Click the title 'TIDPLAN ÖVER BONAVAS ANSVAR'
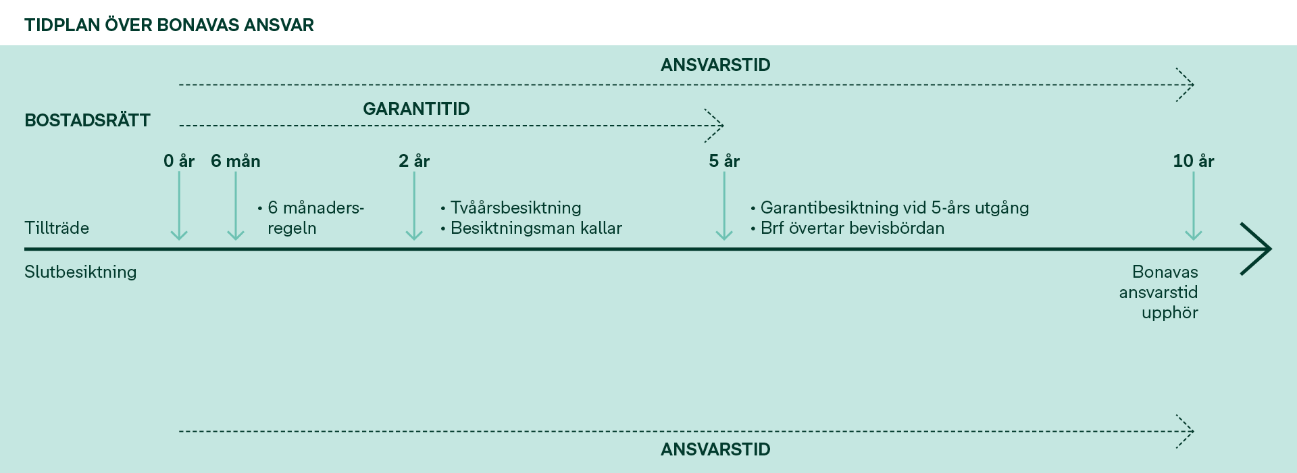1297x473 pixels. (169, 25)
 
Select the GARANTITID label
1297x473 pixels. (416, 109)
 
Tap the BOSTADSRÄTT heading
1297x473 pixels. (87, 120)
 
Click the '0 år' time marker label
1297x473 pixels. (179, 161)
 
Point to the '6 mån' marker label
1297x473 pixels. (236, 161)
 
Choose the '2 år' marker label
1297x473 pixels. (414, 161)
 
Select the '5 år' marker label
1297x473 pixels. (724, 161)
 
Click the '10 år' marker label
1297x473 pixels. (1194, 161)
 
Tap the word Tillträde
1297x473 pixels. (57, 228)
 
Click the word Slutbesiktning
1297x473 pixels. (80, 272)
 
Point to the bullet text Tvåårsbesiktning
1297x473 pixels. (516, 207)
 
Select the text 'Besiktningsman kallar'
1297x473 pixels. (536, 228)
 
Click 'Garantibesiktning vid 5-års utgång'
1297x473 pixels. (895, 207)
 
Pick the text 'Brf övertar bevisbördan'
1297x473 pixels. (853, 228)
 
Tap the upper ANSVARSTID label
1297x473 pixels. (715, 65)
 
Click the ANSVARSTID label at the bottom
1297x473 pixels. (715, 449)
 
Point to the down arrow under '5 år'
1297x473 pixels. (724, 206)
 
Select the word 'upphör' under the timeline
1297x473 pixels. (1170, 313)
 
